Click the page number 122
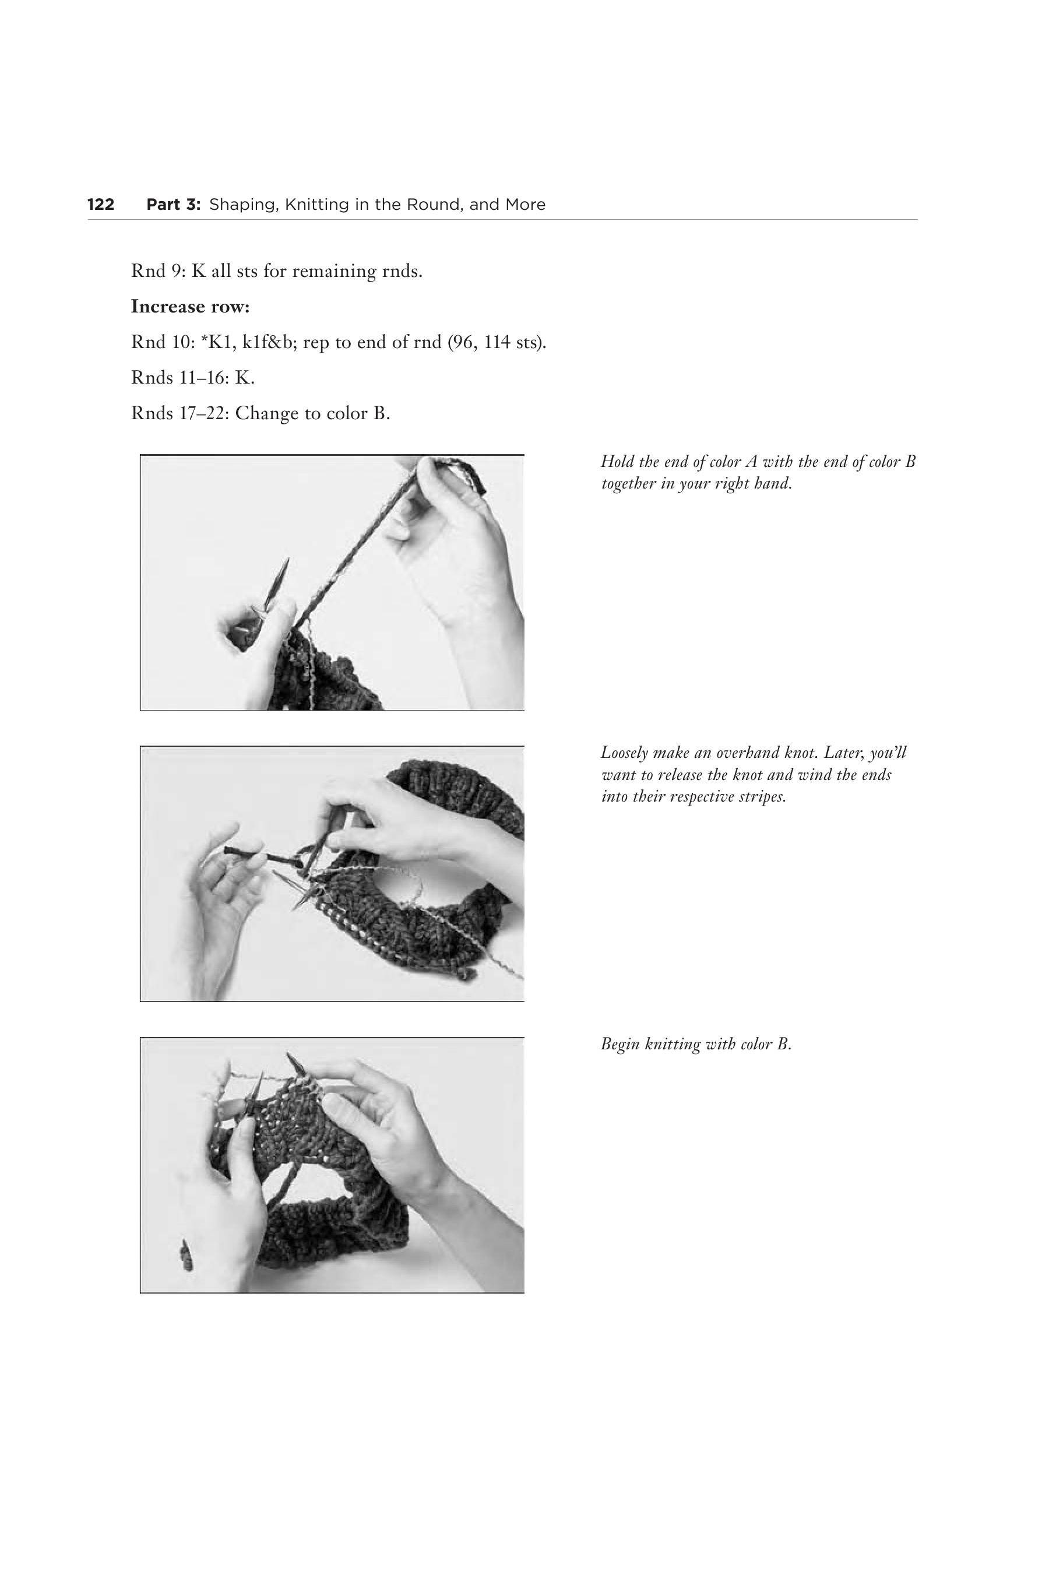[101, 205]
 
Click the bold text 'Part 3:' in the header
[173, 205]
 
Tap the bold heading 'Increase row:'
[190, 307]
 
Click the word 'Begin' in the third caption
[619, 1045]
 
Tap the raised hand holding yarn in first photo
[455, 556]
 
